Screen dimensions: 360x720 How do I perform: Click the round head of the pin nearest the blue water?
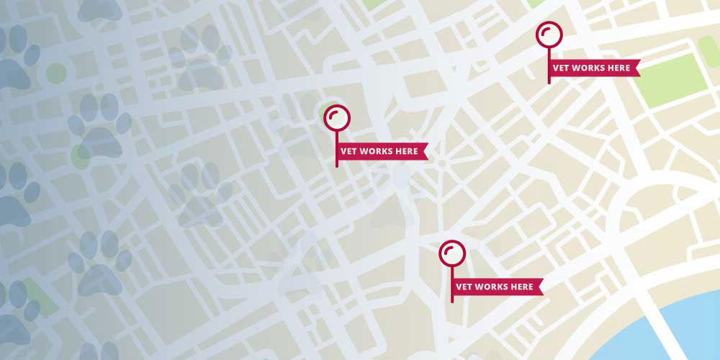tap(452, 253)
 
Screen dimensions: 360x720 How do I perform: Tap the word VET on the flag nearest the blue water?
tap(465, 287)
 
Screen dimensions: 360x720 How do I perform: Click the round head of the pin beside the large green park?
tap(549, 35)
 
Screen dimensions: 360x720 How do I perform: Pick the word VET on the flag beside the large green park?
tap(561, 68)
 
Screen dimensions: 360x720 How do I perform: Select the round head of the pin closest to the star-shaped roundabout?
tap(336, 117)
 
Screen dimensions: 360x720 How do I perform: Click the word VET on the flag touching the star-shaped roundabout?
tap(348, 151)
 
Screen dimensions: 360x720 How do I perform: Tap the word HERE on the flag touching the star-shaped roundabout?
tap(407, 151)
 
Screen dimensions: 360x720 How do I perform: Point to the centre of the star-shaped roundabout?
tap(441, 164)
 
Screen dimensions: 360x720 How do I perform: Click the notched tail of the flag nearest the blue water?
tap(539, 287)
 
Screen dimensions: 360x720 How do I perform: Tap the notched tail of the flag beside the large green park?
tap(635, 68)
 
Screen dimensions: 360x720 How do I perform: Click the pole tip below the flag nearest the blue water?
tap(452, 301)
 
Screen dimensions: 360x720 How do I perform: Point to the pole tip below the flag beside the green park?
tap(549, 83)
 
